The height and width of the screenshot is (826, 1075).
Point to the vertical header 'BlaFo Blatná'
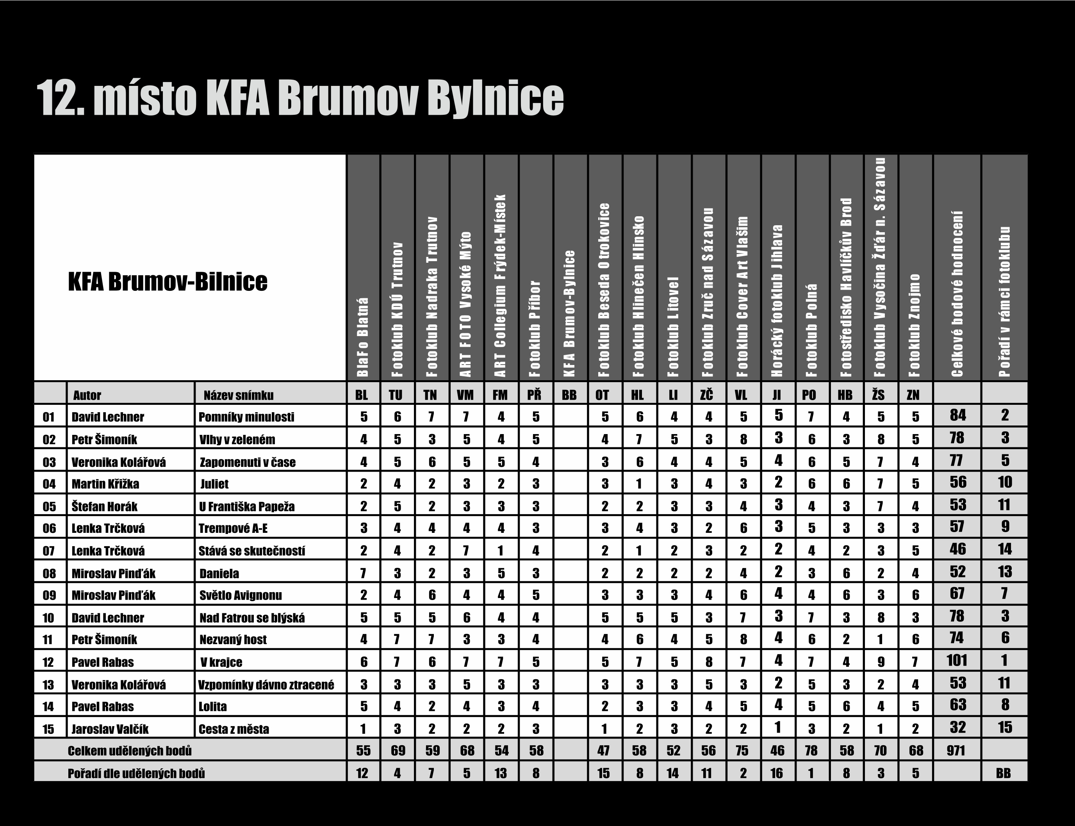[x=363, y=337]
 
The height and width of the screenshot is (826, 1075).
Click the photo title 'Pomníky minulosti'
[x=246, y=417]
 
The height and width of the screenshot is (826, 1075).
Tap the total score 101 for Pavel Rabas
[x=957, y=660]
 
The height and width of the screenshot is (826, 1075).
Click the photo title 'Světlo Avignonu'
[x=241, y=595]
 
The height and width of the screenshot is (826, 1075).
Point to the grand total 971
[x=956, y=751]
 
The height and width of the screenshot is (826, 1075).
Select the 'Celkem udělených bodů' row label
[x=130, y=751]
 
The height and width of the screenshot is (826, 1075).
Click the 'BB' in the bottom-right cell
[x=1003, y=773]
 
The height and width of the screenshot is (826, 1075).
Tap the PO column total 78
[x=811, y=751]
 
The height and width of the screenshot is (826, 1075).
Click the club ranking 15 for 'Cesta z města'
[x=1004, y=728]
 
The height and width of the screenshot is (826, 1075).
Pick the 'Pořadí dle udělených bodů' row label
[x=136, y=773]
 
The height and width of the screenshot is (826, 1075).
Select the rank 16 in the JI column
[x=777, y=773]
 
